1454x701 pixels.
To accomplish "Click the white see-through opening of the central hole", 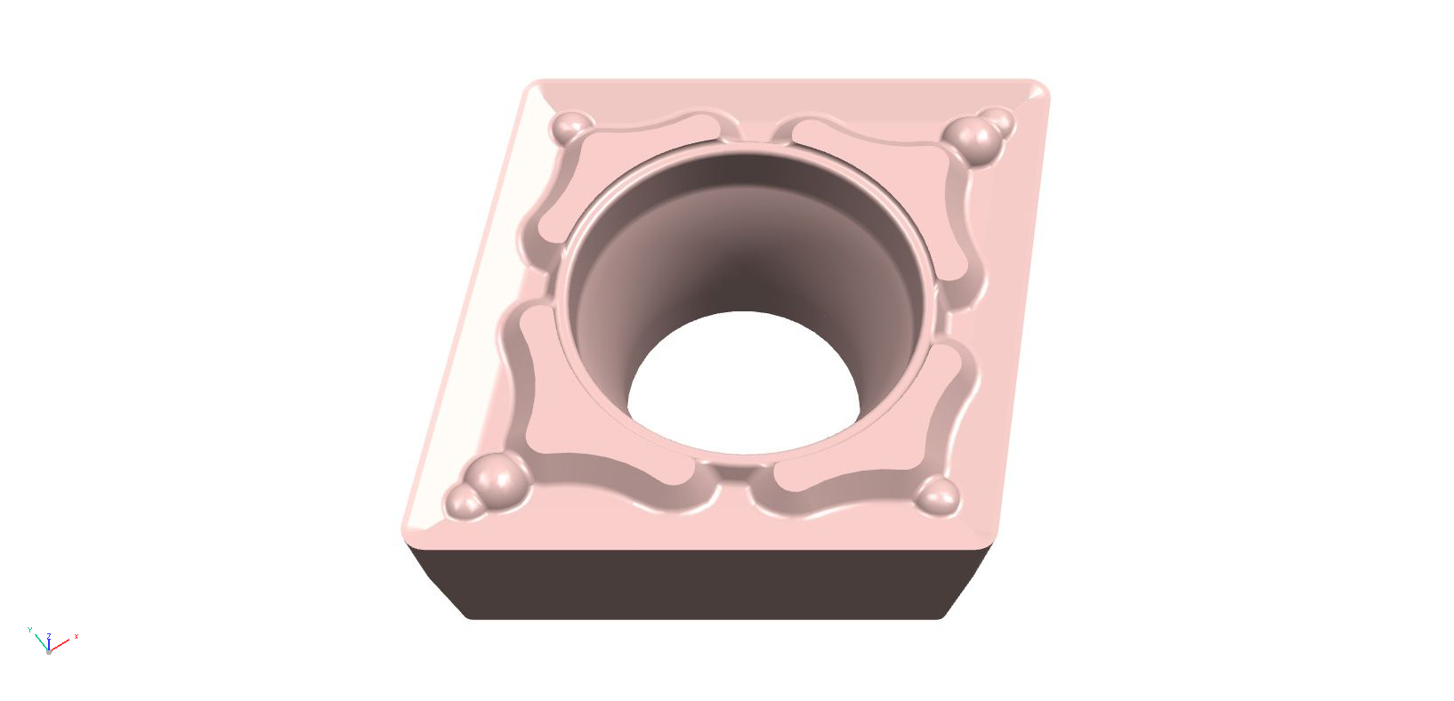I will (x=743, y=383).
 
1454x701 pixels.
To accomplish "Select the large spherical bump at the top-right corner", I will (x=973, y=138).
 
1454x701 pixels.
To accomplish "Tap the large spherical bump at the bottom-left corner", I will (x=496, y=478).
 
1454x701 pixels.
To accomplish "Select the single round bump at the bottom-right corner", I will (x=939, y=496).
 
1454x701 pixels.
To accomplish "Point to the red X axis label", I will (x=77, y=636).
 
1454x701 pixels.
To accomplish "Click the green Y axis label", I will (x=29, y=629).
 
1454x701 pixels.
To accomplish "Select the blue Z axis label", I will (x=48, y=635).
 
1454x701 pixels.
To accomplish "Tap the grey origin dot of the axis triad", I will (x=48, y=651).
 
